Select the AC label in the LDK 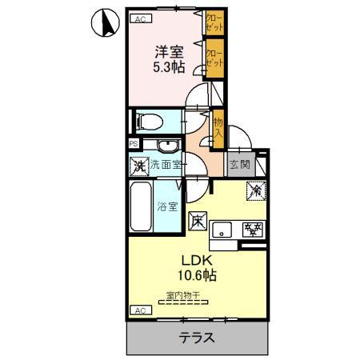[138, 310]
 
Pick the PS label [133, 144]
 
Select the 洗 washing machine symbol [139, 166]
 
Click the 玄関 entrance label [238, 166]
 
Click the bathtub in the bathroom [141, 207]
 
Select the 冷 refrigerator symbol [255, 192]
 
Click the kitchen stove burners [253, 230]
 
